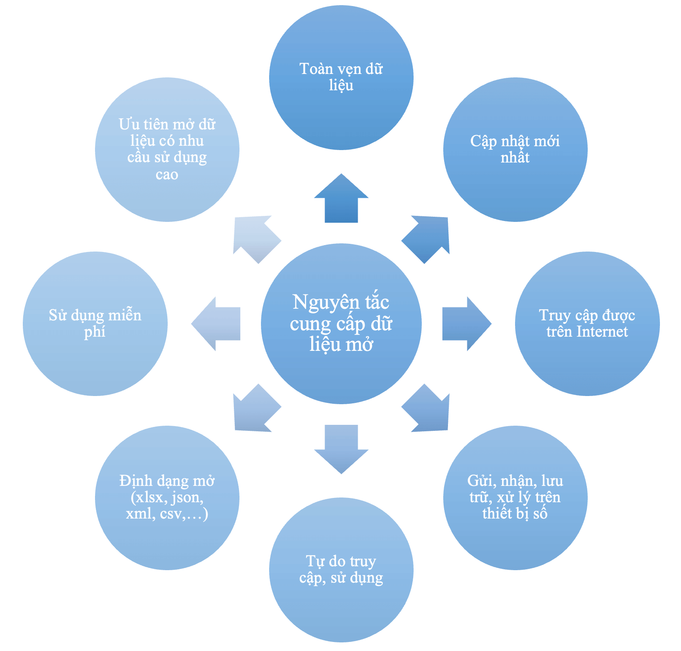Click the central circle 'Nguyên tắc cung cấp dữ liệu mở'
coord(341,324)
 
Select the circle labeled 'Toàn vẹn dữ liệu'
coord(341,77)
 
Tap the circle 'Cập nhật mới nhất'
coord(515,149)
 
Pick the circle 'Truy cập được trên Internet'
coord(587,323)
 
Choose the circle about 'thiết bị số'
coord(515,497)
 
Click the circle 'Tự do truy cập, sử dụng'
coord(341,570)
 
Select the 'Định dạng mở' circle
coord(167,497)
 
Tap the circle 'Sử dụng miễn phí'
coord(95,323)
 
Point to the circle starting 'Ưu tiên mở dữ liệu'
coord(167,149)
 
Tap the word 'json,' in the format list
coord(187,497)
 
